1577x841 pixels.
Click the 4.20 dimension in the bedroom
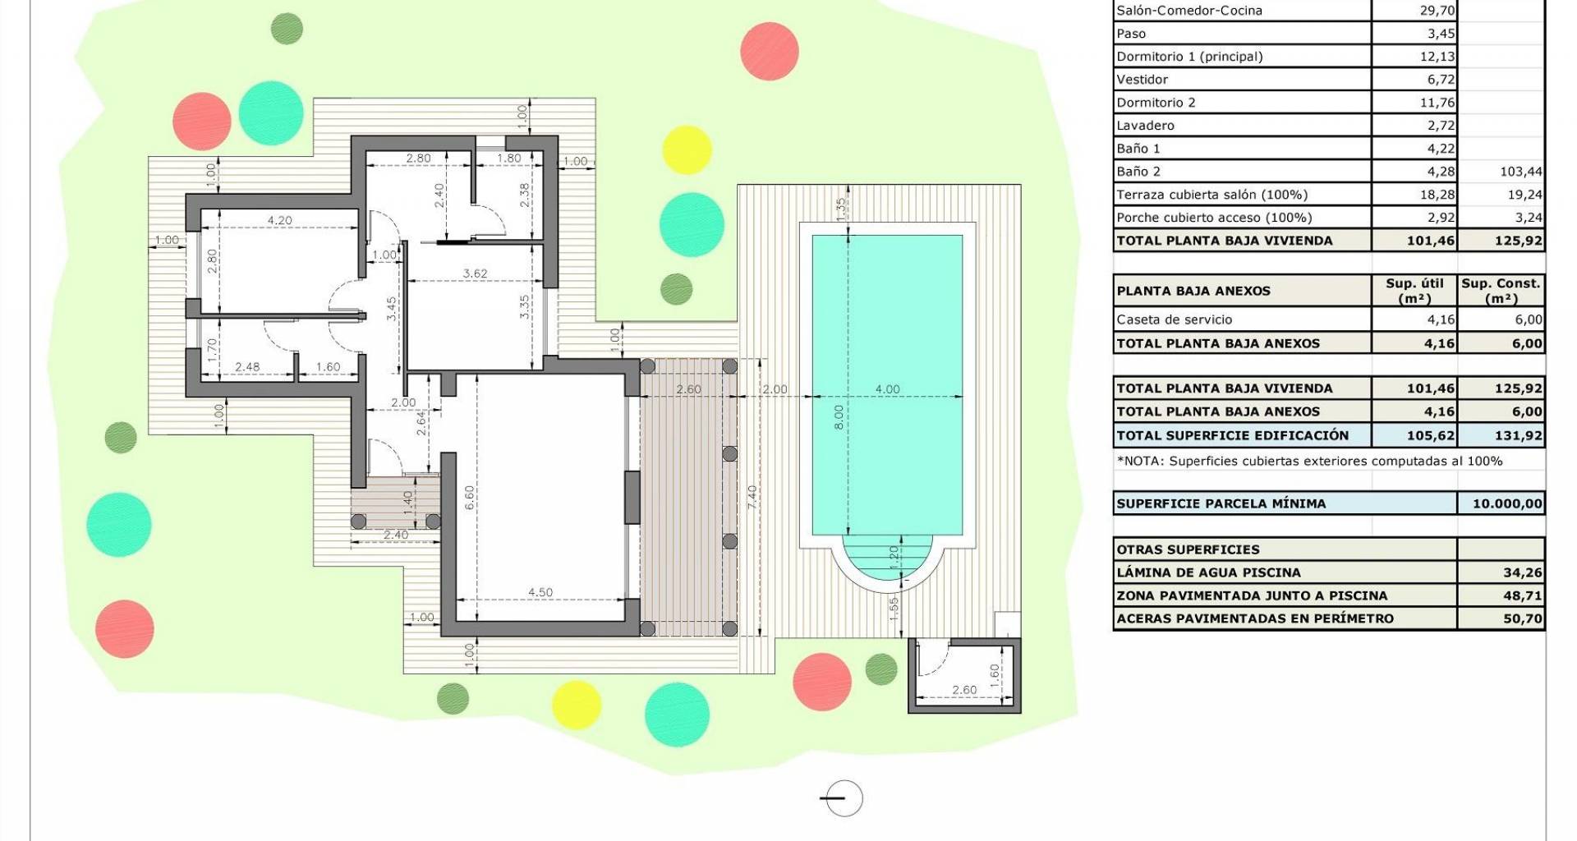(x=279, y=220)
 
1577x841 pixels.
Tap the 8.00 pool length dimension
(x=839, y=417)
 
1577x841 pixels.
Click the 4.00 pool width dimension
(x=887, y=389)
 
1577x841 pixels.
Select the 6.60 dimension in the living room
(x=469, y=499)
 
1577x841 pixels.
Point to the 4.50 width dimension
(x=540, y=592)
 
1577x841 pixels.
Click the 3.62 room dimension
(x=475, y=273)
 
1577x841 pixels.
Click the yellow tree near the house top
(x=687, y=149)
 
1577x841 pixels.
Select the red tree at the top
(x=770, y=51)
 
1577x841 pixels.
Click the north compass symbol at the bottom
(x=843, y=797)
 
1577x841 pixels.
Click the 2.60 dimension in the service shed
(x=963, y=690)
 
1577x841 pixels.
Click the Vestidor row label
(x=1142, y=80)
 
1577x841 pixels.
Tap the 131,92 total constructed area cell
(x=1521, y=435)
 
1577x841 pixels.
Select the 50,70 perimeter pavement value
(x=1524, y=618)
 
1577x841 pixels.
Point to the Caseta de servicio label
(x=1174, y=319)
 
